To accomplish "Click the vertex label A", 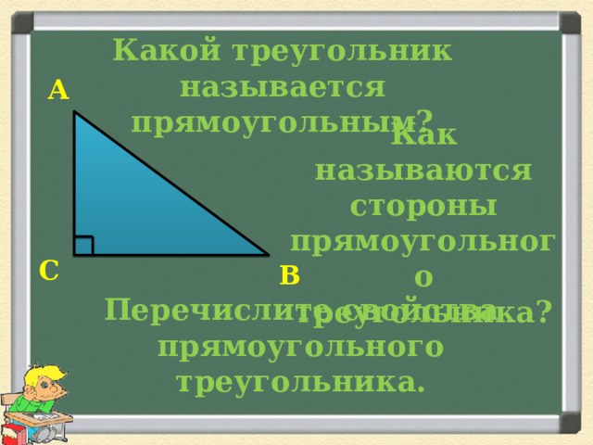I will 59,90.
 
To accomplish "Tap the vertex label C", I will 50,270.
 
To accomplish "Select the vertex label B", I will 289,275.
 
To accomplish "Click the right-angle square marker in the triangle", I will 83,246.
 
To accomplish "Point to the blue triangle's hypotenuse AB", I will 171,184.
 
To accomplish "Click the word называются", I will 423,172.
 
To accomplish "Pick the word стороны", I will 423,207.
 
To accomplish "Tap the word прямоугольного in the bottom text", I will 298,346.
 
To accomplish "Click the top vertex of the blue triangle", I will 75,113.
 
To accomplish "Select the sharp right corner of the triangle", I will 266,254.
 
